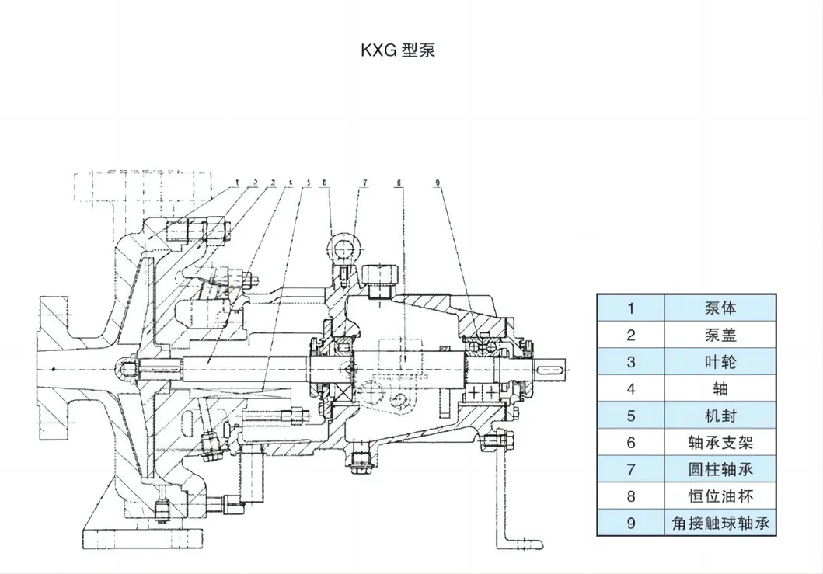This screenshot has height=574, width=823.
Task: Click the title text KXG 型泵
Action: tap(397, 50)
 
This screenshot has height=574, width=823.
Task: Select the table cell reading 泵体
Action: tap(720, 308)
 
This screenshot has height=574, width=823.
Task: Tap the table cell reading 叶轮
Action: tap(720, 362)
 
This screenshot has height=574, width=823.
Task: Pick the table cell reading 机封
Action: tap(720, 416)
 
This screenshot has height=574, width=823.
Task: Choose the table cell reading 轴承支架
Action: tap(720, 442)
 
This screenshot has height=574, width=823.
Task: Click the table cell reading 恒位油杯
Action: tap(720, 496)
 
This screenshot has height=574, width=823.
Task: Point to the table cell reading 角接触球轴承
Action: tap(720, 523)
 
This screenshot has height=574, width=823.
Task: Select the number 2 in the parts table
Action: tap(631, 335)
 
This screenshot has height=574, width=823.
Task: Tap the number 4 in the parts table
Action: tap(631, 388)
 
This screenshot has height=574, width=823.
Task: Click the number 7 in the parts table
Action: tap(631, 469)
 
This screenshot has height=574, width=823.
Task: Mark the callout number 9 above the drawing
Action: tap(438, 183)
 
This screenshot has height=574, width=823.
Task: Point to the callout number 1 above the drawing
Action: tap(236, 183)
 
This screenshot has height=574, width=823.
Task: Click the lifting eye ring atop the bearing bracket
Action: tap(340, 249)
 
